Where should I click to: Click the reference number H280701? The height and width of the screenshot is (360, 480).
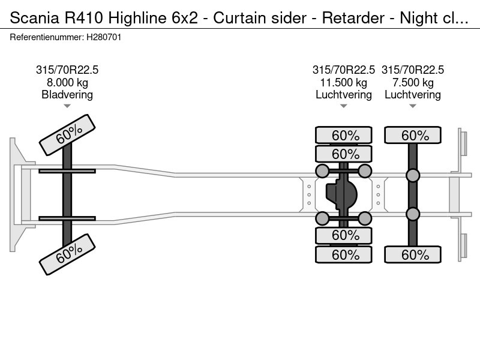(x=104, y=37)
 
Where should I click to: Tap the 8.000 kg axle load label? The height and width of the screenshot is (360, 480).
(x=67, y=83)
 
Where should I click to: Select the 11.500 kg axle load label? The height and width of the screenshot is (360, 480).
(x=343, y=83)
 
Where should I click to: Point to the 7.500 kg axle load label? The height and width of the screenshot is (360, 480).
(x=413, y=83)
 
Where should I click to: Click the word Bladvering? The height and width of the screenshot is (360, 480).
(x=67, y=95)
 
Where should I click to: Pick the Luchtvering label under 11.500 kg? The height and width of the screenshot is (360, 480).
(x=344, y=95)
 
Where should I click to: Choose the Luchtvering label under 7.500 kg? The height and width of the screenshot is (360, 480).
(x=413, y=95)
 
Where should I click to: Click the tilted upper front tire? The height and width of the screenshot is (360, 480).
(x=67, y=135)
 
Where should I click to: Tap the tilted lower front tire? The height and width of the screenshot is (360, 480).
(x=67, y=254)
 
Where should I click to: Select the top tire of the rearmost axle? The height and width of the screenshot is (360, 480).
(x=413, y=135)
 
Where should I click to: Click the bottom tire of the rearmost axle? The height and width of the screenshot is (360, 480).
(x=413, y=254)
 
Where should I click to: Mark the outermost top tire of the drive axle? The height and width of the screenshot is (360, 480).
(x=344, y=135)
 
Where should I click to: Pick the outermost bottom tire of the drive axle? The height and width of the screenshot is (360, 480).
(x=344, y=254)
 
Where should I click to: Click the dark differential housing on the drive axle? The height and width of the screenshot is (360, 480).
(x=341, y=194)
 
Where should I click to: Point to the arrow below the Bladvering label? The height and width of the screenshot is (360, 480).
(x=67, y=106)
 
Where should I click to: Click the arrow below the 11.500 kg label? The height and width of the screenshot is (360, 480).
(x=343, y=106)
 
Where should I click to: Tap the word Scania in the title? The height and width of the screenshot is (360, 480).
(x=35, y=18)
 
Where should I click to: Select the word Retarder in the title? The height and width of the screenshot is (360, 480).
(x=353, y=18)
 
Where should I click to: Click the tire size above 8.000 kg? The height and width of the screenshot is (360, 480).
(x=67, y=70)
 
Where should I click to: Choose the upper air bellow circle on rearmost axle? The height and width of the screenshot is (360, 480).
(x=413, y=176)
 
